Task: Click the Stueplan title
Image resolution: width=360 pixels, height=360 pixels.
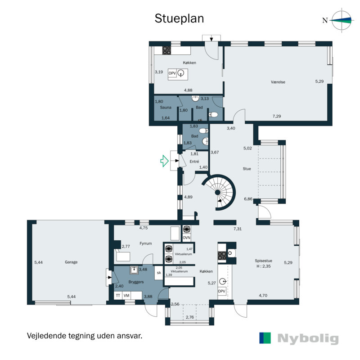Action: tap(179, 19)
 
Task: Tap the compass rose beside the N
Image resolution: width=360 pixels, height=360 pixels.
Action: tap(342, 20)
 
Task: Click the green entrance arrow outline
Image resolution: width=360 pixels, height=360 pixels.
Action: tap(164, 161)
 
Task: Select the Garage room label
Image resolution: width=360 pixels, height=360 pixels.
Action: tap(71, 262)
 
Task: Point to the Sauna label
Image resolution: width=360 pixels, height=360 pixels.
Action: tap(166, 107)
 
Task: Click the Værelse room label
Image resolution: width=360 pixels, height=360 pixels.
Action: tap(278, 82)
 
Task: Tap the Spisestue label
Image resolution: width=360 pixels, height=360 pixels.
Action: tap(263, 261)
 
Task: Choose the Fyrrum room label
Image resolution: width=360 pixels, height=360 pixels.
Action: tap(145, 243)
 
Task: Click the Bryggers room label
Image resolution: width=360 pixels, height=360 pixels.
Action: tap(136, 282)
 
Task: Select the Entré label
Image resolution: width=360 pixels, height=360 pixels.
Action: tap(194, 162)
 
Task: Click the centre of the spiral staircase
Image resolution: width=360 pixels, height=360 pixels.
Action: tap(217, 193)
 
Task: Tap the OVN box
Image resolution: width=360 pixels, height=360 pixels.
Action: tap(186, 238)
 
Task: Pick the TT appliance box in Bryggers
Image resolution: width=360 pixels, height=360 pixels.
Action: tap(118, 296)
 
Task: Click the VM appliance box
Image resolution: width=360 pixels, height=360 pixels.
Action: tap(126, 296)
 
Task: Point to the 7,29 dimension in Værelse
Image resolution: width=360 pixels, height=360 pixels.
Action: tap(277, 116)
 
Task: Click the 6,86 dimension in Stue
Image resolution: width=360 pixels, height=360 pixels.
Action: tap(248, 199)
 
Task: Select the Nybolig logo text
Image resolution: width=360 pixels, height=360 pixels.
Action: tap(308, 338)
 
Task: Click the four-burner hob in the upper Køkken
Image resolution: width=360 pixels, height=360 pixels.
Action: tap(166, 50)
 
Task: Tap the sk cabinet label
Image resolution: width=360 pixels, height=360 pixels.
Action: tap(159, 273)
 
